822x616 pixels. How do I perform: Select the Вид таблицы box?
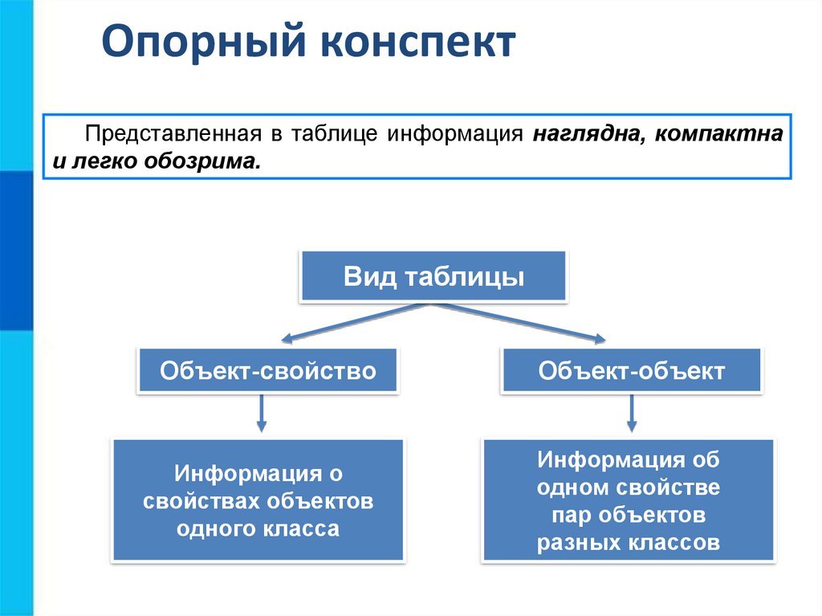click(x=433, y=277)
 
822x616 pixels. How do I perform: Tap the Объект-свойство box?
click(x=267, y=370)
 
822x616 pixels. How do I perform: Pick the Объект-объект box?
click(x=631, y=370)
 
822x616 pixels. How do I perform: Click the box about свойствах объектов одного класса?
click(x=258, y=500)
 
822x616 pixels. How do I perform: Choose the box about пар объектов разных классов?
click(x=628, y=500)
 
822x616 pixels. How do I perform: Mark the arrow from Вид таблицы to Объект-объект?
click(x=522, y=322)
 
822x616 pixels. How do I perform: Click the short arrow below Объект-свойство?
click(x=261, y=414)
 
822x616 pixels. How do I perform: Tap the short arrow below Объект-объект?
click(x=632, y=414)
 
